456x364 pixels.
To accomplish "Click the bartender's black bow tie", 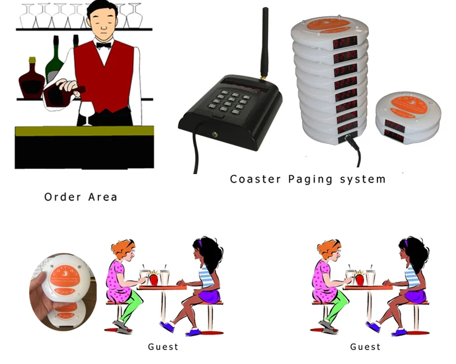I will click(103, 45).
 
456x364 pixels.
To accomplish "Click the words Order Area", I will click(81, 197).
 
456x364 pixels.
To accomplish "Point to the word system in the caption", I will click(362, 179).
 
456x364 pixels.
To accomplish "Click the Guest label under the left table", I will click(163, 347).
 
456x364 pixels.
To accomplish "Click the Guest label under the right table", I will click(365, 347).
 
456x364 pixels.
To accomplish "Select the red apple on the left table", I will click(153, 279).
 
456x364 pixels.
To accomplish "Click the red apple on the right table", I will click(359, 279).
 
